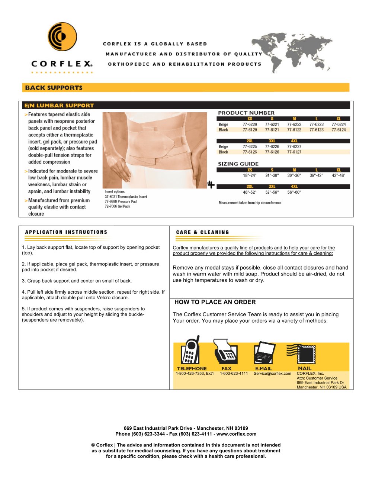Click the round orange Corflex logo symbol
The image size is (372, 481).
coord(62,36)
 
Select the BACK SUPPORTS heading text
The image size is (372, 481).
coord(54,88)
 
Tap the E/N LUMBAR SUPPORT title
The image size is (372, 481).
coord(59,106)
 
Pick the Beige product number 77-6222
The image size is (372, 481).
coord(294,125)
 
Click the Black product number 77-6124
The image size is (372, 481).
coord(339,130)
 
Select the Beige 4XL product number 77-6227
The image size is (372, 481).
coord(294,147)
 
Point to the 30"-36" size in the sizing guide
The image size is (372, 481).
coord(294,175)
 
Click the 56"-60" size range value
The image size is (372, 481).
coord(294,192)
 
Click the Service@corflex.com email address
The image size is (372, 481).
coord(272,374)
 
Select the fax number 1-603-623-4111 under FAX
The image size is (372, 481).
coord(234,374)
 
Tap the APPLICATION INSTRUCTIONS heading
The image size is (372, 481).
coord(66,232)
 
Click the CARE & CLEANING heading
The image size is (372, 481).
coord(202,232)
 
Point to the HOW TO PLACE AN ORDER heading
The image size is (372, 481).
coord(215,302)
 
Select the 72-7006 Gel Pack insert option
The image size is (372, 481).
coord(118,206)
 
